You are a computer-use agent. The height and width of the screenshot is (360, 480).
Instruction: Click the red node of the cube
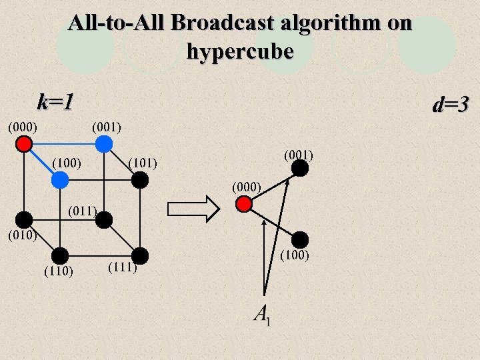[x=24, y=143]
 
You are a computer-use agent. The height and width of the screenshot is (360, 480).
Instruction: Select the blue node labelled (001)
[x=103, y=143]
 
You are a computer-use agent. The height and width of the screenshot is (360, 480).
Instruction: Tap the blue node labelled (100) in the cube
[x=60, y=179]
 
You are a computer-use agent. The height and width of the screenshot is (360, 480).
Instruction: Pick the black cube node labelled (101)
[x=139, y=179]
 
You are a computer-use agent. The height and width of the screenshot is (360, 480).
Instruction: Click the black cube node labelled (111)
[x=139, y=255]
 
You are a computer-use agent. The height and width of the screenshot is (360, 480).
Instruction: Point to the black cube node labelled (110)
[x=60, y=255]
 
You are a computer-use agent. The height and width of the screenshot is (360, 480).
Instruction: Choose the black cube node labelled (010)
[x=24, y=219]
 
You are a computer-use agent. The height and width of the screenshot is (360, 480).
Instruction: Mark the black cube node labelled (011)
[x=103, y=219]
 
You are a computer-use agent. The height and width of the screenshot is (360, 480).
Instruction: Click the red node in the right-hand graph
[x=245, y=204]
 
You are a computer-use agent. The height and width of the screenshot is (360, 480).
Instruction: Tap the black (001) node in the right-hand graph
[x=300, y=168]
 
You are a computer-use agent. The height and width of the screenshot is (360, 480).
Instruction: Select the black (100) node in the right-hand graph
[x=300, y=239]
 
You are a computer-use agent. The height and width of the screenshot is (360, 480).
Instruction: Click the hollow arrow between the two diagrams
[x=193, y=208]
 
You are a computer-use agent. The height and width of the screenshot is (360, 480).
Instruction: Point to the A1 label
[x=262, y=315]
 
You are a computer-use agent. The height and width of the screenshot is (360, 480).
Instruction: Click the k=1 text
[x=55, y=103]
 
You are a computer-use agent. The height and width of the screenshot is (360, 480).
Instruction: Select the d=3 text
[x=451, y=105]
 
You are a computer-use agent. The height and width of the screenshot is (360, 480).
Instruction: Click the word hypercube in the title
[x=240, y=51]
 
